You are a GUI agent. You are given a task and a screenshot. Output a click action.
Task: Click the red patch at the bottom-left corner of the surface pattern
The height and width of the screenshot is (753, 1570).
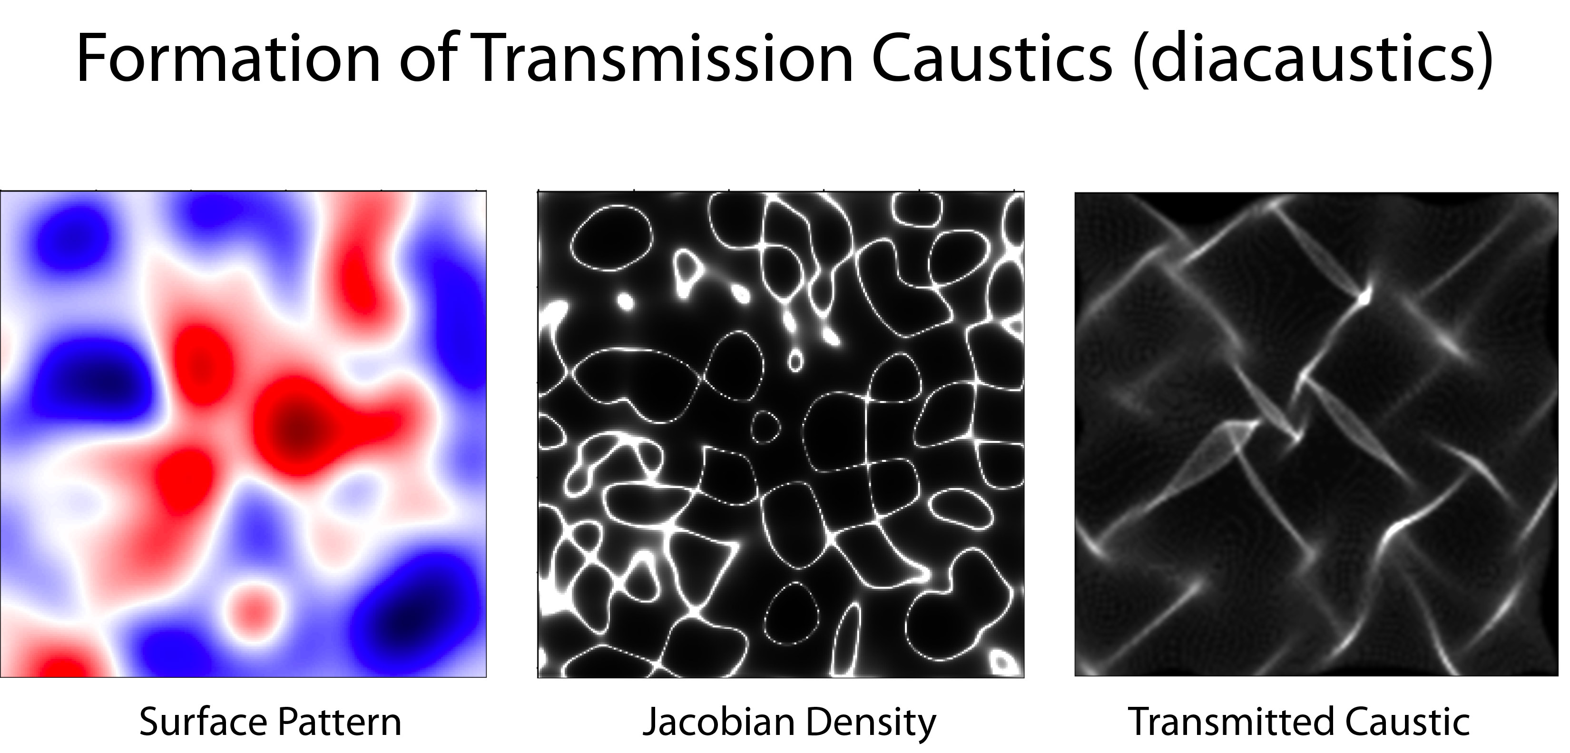pyautogui.click(x=55, y=664)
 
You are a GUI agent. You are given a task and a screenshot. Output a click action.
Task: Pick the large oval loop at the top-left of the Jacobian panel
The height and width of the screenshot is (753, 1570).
pyautogui.click(x=611, y=237)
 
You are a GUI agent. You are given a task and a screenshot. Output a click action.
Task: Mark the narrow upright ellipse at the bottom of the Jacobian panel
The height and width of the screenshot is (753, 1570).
pyautogui.click(x=847, y=640)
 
